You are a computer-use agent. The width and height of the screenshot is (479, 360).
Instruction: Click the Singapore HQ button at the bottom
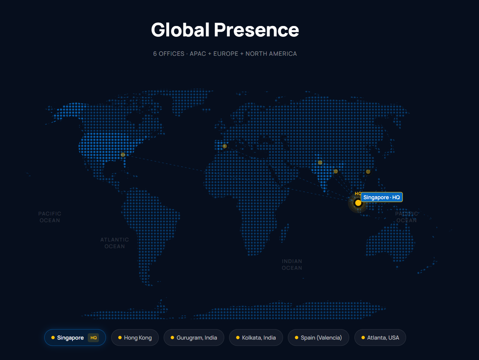click(x=75, y=338)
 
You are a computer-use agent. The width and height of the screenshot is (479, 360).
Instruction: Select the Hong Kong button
click(x=135, y=338)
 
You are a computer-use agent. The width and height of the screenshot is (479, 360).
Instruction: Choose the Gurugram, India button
click(x=194, y=338)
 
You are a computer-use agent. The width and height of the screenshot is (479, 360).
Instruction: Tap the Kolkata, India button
click(x=256, y=338)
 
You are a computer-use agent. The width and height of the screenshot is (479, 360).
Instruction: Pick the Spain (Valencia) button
click(x=318, y=338)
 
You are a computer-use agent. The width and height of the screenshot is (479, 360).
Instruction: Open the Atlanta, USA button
click(x=380, y=338)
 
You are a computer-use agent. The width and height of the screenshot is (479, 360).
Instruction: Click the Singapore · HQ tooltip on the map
click(x=382, y=197)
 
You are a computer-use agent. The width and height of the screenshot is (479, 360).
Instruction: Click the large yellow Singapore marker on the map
click(x=358, y=203)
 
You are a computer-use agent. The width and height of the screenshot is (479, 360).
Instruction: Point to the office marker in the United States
click(x=123, y=155)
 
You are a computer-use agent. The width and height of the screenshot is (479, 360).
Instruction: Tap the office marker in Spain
click(x=225, y=146)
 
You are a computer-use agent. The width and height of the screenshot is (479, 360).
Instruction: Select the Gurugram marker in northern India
click(x=320, y=163)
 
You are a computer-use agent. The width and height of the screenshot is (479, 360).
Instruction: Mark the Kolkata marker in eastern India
click(x=336, y=172)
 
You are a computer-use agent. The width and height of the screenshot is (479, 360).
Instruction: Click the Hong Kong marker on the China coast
click(x=368, y=172)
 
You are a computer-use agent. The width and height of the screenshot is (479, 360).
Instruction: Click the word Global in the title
click(x=180, y=30)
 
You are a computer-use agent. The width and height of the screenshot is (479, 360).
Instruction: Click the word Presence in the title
click(x=256, y=30)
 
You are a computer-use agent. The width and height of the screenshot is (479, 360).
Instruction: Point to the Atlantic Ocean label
click(x=115, y=243)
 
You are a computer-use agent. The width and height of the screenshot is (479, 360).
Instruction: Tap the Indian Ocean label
click(x=292, y=265)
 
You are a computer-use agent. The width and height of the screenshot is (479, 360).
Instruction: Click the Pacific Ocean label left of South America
click(x=50, y=217)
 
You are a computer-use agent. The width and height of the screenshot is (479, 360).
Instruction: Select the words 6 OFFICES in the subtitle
click(x=169, y=53)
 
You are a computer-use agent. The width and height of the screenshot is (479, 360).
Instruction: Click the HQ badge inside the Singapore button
click(x=93, y=338)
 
